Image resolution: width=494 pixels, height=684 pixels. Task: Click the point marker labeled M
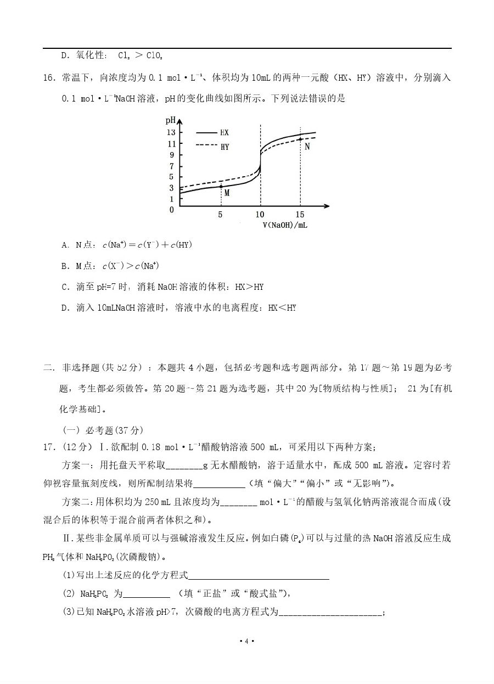(221, 187)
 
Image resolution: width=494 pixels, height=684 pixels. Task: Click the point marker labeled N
(300, 139)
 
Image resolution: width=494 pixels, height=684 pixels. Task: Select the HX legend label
(224, 133)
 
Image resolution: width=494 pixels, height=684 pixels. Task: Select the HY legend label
(224, 147)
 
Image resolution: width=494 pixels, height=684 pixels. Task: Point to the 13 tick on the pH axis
(171, 132)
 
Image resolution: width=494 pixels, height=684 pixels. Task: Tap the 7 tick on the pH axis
(172, 166)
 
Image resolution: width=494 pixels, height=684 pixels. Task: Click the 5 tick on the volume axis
(221, 214)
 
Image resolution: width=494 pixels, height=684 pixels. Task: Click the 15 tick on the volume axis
(300, 214)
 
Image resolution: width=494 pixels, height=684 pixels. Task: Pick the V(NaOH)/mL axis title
(284, 225)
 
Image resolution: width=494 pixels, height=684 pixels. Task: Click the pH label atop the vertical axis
(170, 120)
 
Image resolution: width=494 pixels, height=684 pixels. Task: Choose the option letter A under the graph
(65, 245)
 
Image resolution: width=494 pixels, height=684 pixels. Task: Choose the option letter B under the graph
(65, 266)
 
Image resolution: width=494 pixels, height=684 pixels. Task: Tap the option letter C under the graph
(65, 287)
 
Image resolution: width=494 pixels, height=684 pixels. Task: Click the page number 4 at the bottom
(247, 641)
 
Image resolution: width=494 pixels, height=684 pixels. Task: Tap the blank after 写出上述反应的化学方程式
(259, 575)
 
